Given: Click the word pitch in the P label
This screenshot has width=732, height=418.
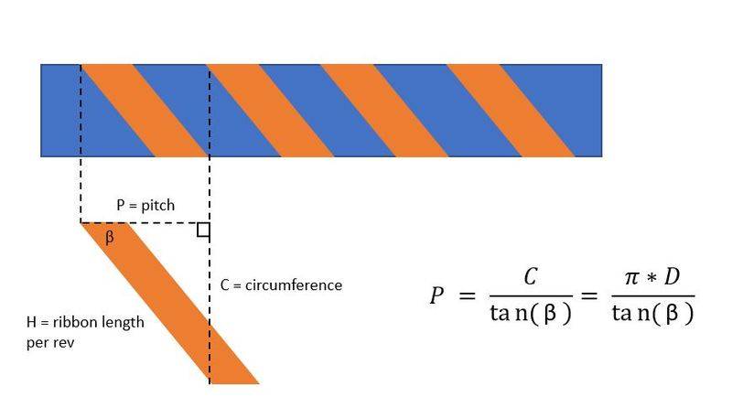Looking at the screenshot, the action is point(157,206).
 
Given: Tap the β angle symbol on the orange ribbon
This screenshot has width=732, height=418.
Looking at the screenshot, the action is point(109,237).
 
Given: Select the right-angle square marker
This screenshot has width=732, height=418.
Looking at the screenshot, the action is point(203,230).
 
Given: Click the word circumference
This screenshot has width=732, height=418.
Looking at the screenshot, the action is point(294,285).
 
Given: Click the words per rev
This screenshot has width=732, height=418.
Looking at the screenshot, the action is point(50,343).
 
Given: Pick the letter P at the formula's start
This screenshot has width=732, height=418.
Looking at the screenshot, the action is point(436,295).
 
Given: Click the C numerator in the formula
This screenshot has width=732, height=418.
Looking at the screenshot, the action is point(531,276).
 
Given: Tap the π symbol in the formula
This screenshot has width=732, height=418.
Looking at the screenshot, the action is point(632,277).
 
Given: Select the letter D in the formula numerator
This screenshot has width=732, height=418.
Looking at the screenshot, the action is point(672,276).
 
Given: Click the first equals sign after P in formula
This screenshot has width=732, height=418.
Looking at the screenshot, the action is point(467,295).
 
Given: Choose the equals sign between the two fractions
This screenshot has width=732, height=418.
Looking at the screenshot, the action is point(589,295).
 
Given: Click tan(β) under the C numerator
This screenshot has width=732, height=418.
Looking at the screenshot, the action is point(531,313).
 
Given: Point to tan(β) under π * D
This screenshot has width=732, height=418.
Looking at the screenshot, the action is point(652,313).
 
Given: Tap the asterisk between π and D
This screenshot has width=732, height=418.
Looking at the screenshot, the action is point(651,278).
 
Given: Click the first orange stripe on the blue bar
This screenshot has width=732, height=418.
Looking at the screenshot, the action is point(145,111).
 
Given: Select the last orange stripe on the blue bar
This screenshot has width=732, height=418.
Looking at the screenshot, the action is point(511,111).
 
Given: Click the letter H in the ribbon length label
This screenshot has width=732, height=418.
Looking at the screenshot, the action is point(31,322).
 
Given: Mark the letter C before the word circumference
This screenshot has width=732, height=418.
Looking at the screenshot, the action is point(224,285).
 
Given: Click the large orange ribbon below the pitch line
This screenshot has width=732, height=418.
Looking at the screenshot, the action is point(170,304).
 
